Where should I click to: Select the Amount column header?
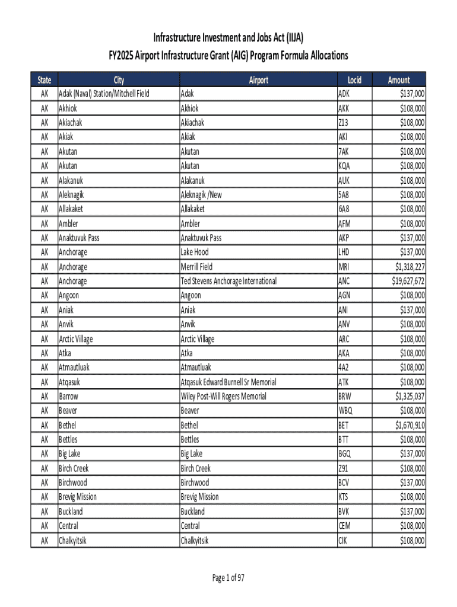click(399, 80)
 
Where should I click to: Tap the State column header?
click(44, 80)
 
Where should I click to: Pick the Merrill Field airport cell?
click(196, 267)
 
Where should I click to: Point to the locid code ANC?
click(344, 281)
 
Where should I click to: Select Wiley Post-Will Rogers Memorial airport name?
click(223, 396)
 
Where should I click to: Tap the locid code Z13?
click(344, 123)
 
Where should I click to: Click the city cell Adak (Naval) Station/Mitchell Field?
click(104, 94)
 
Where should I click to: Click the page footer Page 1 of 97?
click(228, 579)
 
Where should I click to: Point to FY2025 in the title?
click(120, 56)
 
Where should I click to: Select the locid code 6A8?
click(344, 209)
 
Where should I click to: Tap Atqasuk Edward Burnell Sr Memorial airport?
click(228, 382)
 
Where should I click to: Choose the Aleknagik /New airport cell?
click(202, 194)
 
